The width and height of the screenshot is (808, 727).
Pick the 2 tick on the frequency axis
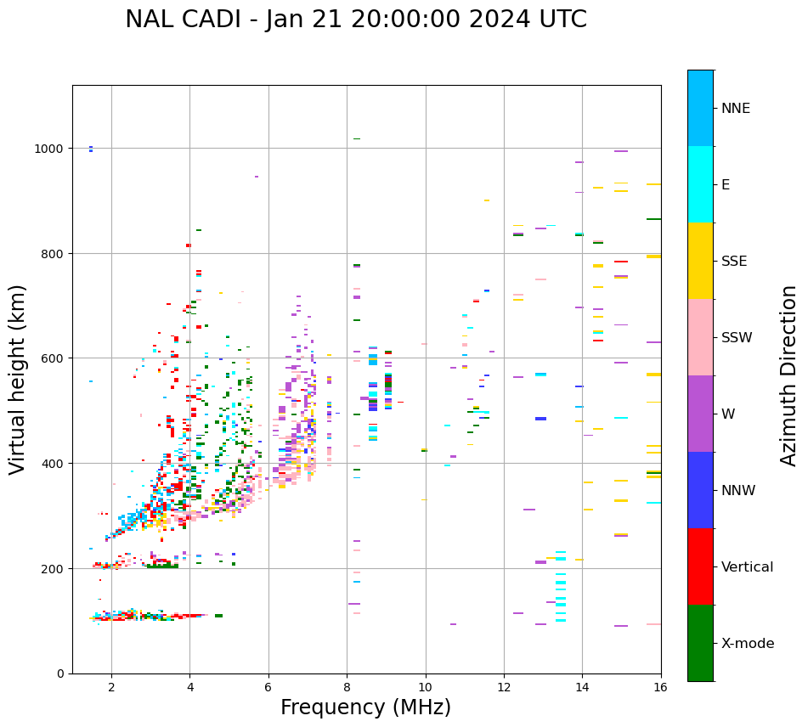(x=111, y=687)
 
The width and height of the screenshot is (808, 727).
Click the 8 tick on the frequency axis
(x=347, y=687)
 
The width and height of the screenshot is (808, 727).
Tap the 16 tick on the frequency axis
(x=660, y=687)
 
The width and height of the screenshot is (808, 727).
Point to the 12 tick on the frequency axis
(x=504, y=687)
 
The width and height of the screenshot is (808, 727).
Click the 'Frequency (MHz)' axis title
(x=365, y=707)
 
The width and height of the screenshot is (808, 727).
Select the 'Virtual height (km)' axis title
(x=18, y=380)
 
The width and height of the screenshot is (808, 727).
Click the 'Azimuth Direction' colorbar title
(x=789, y=375)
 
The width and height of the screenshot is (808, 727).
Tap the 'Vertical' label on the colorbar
(x=747, y=567)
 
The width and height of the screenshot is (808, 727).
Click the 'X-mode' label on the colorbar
(x=748, y=644)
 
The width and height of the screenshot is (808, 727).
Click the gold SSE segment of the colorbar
(x=700, y=261)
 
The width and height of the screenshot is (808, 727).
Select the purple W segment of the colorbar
(x=700, y=414)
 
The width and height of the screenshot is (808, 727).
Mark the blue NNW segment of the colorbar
(x=700, y=490)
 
